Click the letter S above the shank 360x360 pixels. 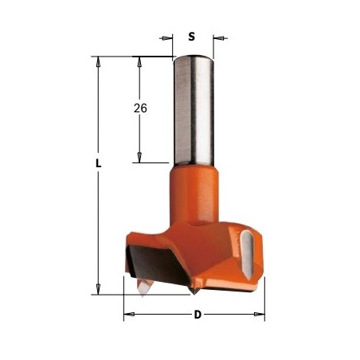(x=191, y=37)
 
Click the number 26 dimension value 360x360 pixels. (x=140, y=108)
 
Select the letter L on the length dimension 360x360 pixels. (x=99, y=163)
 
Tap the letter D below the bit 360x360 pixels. (x=198, y=315)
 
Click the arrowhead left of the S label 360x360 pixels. (x=166, y=38)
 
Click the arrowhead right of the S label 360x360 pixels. (x=220, y=38)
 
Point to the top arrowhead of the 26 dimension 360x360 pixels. (x=139, y=62)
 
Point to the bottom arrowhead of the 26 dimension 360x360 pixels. (x=139, y=157)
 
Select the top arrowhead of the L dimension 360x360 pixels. (x=98, y=62)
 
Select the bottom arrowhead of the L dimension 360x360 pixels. (x=98, y=289)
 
